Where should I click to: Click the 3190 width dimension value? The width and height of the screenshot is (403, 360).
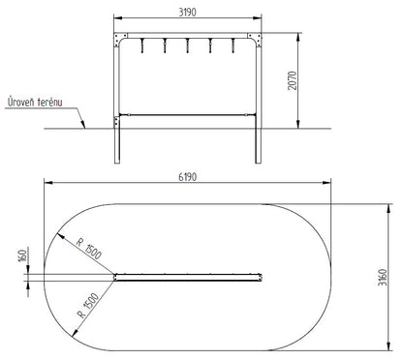pos(187,13)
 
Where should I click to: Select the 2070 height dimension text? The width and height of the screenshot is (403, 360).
pos(293,80)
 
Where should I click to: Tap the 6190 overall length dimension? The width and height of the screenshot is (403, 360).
pos(188,177)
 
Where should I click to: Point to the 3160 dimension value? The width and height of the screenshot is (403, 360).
pos(383,277)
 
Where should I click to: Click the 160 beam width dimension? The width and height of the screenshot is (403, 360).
pos(23,255)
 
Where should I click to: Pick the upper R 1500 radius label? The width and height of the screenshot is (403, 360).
pos(89,248)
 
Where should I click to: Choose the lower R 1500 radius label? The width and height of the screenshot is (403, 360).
pos(88,305)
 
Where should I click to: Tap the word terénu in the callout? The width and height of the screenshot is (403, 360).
pos(50,103)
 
